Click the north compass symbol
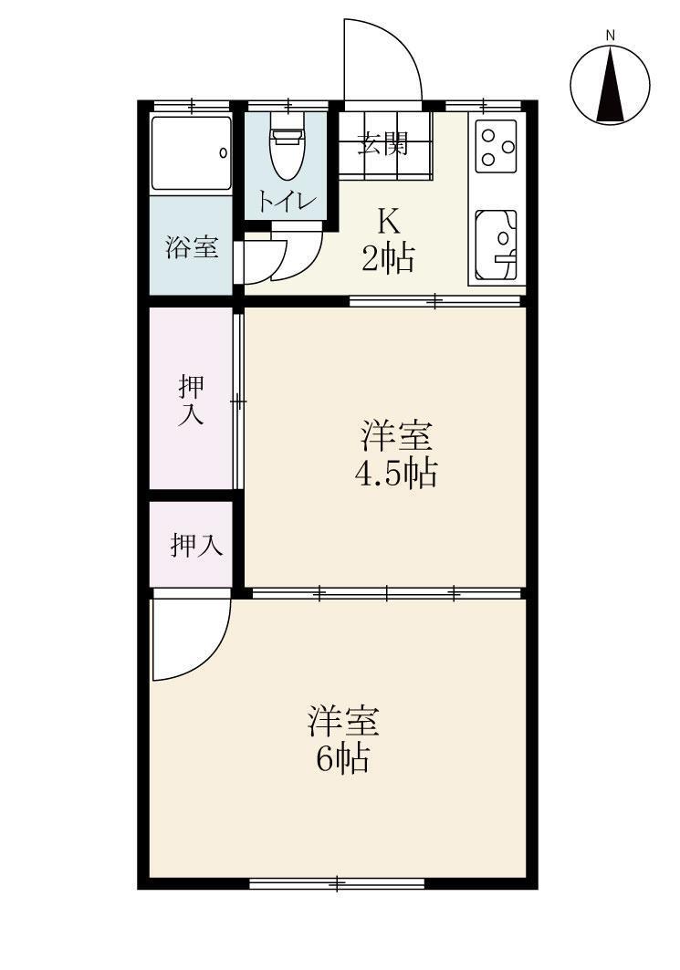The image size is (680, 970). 610,84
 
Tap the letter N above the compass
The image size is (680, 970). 610,36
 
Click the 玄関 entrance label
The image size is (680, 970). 382,144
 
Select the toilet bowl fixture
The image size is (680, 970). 287,151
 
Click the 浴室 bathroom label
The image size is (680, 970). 192,247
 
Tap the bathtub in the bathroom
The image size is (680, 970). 191,153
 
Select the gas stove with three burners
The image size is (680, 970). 497,144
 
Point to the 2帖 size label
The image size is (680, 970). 387,260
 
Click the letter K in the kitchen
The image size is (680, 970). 388,222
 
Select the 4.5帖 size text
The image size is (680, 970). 395,474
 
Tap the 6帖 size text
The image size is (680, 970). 342,758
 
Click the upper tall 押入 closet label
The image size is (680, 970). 191,401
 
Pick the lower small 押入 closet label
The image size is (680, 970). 195,546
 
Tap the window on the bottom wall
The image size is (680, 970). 337,882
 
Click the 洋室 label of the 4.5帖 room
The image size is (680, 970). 395,436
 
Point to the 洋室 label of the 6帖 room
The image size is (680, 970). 342,721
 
